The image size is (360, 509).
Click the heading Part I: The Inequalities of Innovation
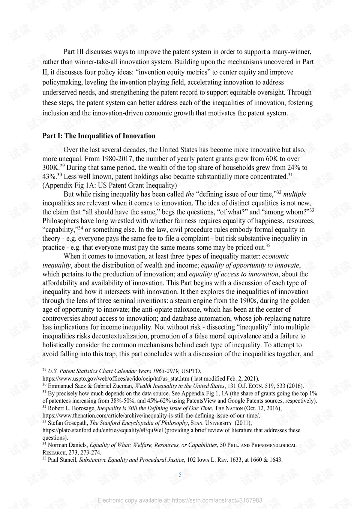point(99,136)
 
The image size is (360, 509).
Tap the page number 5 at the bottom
point(180,475)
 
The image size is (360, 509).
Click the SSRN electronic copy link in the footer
point(180,500)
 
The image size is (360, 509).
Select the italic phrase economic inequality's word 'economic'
point(276,256)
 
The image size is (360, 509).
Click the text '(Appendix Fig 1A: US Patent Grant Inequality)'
point(109,185)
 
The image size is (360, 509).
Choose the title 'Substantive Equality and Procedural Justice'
point(132,460)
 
